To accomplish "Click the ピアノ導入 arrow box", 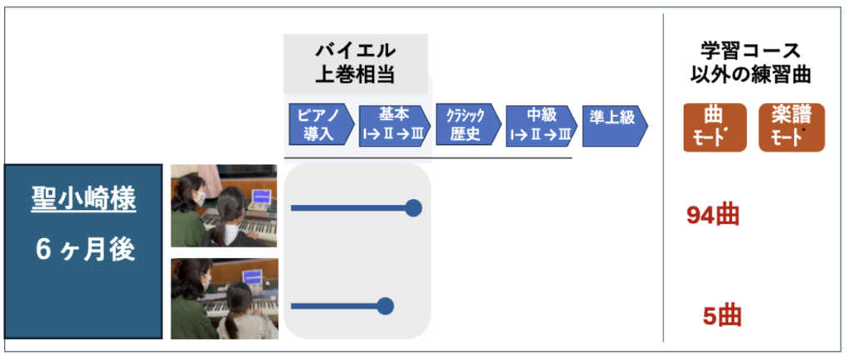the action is coord(322,126).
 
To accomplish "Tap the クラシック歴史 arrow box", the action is coord(468,126).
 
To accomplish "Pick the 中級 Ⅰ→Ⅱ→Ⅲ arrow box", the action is coord(541,126).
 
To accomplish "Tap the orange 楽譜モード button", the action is coord(791,127).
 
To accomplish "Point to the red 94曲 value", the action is coord(713,216).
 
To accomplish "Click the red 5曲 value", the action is coord(722,317).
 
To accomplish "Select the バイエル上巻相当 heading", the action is coord(355,63).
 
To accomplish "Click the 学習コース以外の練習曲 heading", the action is coord(751,63).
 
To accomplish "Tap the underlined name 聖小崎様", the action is coord(84,202).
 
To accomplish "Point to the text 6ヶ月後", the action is coord(84,251).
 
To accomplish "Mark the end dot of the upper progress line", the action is coord(413,207).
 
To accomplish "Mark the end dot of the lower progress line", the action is coord(385,306).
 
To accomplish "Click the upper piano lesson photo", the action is coord(224,206).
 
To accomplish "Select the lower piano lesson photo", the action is coord(224,298).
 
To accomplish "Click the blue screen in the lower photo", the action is coord(252,277).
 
